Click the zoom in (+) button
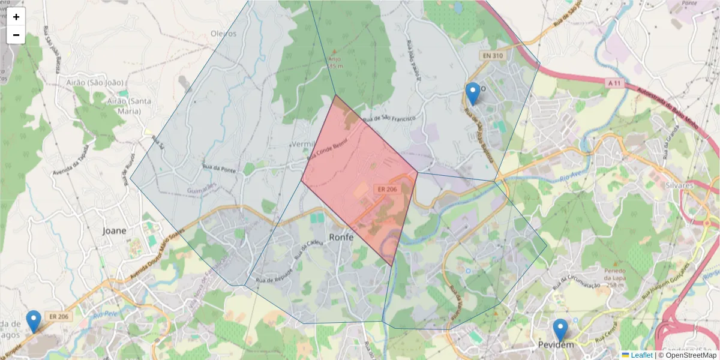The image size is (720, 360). click(16, 17)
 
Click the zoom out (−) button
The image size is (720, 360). click(16, 35)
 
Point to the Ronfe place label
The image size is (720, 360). click(341, 237)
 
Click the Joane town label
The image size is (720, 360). click(115, 230)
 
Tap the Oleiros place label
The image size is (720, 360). click(224, 34)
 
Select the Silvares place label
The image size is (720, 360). click(679, 185)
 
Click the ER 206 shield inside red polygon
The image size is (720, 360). click(386, 189)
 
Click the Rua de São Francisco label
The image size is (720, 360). click(389, 118)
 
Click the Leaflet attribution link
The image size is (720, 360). click(641, 355)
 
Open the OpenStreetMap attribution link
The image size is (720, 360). click(691, 355)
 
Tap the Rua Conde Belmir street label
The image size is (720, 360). click(327, 155)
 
